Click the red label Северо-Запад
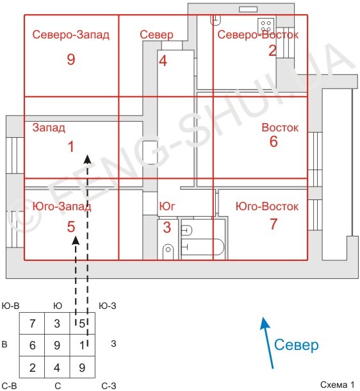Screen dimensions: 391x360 pyautogui.click(x=70, y=35)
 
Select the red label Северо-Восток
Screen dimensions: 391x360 pyautogui.click(x=258, y=35)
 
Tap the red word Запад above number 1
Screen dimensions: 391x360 pyautogui.click(x=49, y=128)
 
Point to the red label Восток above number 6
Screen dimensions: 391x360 pyautogui.click(x=280, y=128)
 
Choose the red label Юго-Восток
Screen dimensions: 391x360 pyautogui.click(x=267, y=206)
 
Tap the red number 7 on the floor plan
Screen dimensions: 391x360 pyautogui.click(x=274, y=225)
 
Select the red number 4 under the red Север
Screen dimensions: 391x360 pyautogui.click(x=163, y=62)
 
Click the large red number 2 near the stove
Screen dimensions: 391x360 pyautogui.click(x=272, y=51)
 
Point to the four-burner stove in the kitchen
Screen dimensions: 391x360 pyautogui.click(x=266, y=26)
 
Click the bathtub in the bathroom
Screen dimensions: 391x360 pyautogui.click(x=202, y=247)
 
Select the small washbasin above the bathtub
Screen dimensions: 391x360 pyautogui.click(x=187, y=229)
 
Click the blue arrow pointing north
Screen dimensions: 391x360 pyautogui.click(x=268, y=343)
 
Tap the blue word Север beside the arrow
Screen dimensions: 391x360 pyautogui.click(x=296, y=346)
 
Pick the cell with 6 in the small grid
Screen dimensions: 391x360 pyautogui.click(x=32, y=345)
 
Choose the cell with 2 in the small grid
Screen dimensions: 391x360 pyautogui.click(x=32, y=368)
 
